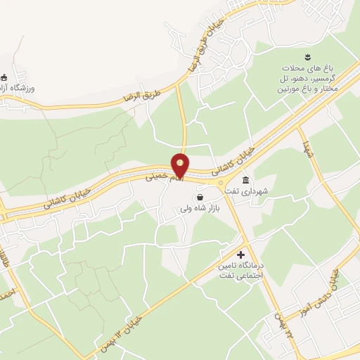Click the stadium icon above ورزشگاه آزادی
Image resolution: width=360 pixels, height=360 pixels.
point(4,77)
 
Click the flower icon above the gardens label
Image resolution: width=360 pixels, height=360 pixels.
point(308,56)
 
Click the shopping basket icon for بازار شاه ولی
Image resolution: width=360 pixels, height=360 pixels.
point(200,198)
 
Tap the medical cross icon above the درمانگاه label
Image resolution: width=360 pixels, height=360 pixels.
point(241,254)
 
